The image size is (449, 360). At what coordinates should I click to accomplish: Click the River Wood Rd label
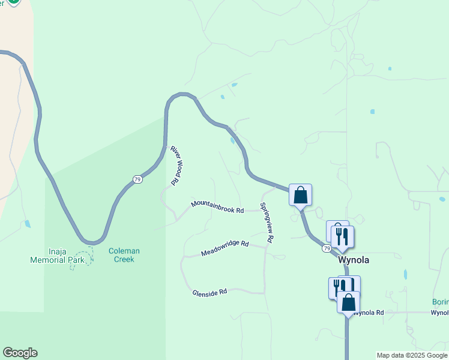[x=175, y=165]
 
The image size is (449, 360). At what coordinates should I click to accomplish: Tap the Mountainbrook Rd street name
[x=217, y=206]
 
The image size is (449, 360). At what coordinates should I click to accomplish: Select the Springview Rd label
[x=267, y=223]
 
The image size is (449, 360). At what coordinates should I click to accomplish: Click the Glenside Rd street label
[x=209, y=292]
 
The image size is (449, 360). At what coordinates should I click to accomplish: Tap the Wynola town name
[x=354, y=260]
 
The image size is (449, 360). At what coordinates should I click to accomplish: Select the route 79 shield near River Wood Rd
[x=137, y=179]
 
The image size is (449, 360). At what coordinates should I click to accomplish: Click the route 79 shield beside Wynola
[x=327, y=248]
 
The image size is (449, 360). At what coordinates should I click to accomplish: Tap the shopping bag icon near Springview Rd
[x=300, y=195]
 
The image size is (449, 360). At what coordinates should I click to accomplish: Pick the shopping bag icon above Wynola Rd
[x=348, y=302]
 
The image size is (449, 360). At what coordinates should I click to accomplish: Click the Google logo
[x=20, y=353]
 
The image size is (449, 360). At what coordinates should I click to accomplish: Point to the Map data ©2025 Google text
[x=412, y=355]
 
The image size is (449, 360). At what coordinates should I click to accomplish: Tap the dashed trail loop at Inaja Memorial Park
[x=82, y=259]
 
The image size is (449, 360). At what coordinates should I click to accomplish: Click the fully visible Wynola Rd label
[x=368, y=313]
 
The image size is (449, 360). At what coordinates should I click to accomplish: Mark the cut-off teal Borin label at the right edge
[x=441, y=302]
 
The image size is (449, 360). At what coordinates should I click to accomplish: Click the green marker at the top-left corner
[x=12, y=2]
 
